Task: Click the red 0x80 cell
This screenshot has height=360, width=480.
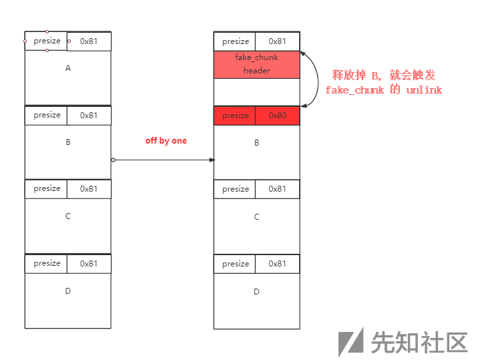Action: [277, 116]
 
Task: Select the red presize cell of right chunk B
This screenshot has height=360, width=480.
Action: [235, 116]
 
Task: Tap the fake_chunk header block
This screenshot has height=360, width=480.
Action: [256, 65]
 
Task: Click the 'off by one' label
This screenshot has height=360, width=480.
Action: [166, 141]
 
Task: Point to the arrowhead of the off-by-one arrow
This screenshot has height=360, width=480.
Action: [212, 160]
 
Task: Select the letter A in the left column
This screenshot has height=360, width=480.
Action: [67, 68]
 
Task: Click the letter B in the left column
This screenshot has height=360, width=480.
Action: [67, 142]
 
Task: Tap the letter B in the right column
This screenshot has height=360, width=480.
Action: [256, 143]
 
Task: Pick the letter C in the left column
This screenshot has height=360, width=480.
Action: [67, 216]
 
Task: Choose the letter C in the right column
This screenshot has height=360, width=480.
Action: [256, 217]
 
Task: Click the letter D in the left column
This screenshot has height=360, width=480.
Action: [67, 291]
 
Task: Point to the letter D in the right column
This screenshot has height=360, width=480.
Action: [256, 292]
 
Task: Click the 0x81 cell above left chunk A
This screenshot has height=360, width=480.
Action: [89, 41]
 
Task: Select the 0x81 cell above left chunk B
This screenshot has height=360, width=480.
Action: [89, 115]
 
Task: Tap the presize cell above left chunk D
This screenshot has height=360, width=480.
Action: [47, 263]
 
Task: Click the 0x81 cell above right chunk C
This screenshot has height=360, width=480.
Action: [277, 189]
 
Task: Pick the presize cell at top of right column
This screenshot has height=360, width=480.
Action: [235, 41]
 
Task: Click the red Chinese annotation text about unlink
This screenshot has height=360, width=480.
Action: [384, 83]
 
